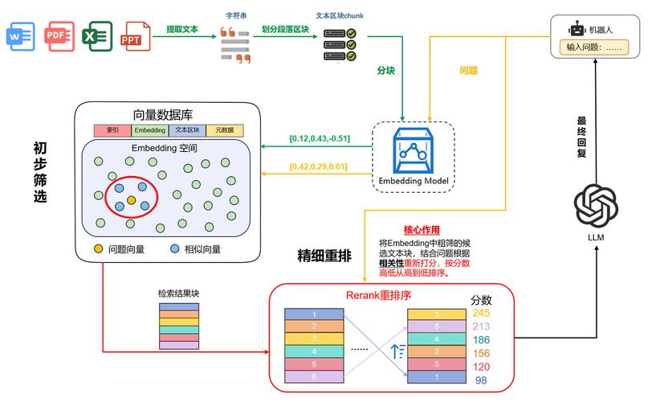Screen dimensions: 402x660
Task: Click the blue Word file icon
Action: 19,36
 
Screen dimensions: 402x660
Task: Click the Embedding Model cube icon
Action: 414,153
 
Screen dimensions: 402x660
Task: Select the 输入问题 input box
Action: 595,47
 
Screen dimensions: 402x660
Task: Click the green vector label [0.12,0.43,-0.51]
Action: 320,138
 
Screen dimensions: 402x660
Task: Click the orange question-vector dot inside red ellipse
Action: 132,199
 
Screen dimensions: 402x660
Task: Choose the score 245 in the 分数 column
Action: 481,313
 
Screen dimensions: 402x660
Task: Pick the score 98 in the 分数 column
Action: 481,380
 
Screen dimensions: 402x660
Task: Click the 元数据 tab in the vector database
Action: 224,130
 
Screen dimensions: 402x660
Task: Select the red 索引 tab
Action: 112,130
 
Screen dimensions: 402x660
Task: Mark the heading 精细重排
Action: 324,256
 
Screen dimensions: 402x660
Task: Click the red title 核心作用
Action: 422,230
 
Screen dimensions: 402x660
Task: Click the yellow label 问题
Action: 468,71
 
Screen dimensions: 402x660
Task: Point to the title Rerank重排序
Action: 378,295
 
